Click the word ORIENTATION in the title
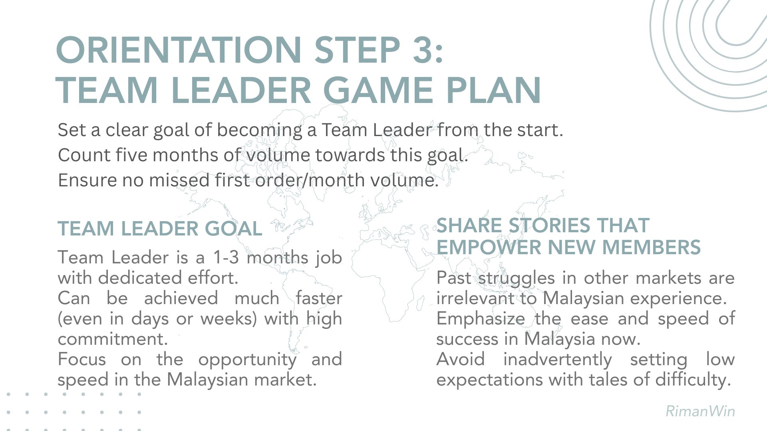click(179, 50)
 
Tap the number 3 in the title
click(422, 50)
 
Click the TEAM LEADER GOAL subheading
click(160, 229)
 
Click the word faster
click(319, 298)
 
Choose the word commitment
click(113, 339)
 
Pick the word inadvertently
click(557, 360)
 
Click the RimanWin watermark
click(700, 411)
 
